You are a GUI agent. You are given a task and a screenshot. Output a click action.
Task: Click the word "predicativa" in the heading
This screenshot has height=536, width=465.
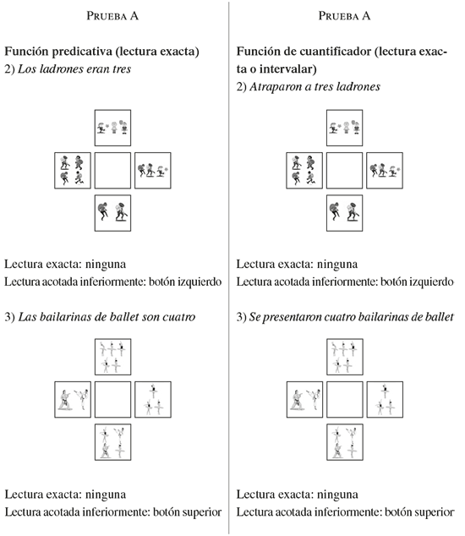point(82,52)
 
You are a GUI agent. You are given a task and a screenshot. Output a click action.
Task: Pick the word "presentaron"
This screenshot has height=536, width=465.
point(292,318)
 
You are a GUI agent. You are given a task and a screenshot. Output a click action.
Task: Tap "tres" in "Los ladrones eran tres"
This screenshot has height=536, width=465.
point(122,69)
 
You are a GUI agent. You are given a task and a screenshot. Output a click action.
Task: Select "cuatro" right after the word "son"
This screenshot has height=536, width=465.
point(179,317)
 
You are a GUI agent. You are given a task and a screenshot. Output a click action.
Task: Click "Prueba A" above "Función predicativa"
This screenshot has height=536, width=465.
point(112,16)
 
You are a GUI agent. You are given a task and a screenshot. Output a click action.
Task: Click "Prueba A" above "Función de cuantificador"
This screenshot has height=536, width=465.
point(344,16)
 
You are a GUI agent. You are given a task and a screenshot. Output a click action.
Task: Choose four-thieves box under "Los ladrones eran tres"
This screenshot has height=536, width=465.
point(73,171)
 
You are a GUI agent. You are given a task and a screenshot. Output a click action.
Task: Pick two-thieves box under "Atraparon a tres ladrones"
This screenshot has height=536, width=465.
point(344,213)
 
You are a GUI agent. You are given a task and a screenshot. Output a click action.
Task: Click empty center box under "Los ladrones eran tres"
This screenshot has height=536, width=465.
point(112,171)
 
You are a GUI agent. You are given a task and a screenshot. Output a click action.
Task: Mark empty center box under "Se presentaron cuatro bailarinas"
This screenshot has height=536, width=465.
point(344,400)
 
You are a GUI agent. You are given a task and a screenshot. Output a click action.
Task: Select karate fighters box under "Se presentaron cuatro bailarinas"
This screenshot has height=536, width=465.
point(304,400)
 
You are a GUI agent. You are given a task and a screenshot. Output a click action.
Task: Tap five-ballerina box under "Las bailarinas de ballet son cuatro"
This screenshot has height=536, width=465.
point(112,357)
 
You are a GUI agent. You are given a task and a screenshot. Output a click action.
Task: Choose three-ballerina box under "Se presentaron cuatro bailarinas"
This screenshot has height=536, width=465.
point(385,400)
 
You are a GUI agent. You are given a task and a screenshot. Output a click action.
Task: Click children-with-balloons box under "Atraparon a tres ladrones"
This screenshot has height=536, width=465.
point(344,128)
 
